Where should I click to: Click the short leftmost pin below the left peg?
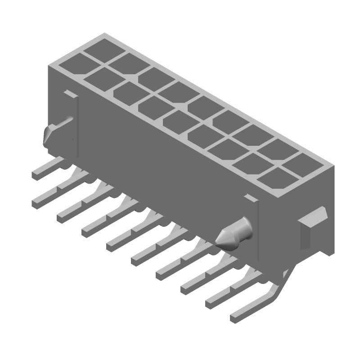38,173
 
